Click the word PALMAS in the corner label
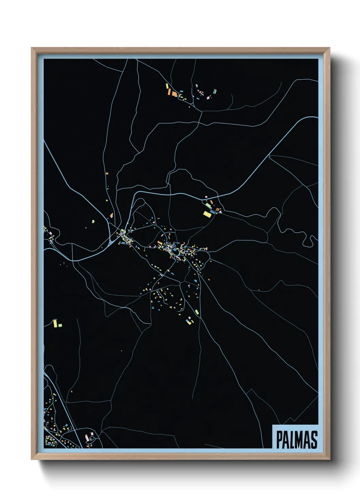pyautogui.click(x=296, y=440)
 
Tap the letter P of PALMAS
pyautogui.click(x=279, y=440)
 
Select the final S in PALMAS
pyautogui.click(x=314, y=440)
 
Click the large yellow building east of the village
pyautogui.click(x=207, y=214)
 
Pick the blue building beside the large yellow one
pyautogui.click(x=213, y=212)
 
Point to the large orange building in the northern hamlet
pyautogui.click(x=174, y=94)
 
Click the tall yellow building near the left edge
pyautogui.click(x=55, y=322)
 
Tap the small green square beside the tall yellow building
pyautogui.click(x=60, y=325)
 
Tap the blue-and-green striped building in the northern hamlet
pyautogui.click(x=214, y=91)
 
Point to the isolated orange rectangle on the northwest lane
pyautogui.click(x=107, y=174)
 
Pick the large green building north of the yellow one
pyautogui.click(x=208, y=206)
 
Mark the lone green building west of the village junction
pyautogui.click(x=93, y=221)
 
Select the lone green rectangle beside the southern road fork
pyautogui.click(x=196, y=311)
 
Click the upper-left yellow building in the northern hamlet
pyautogui.click(x=167, y=86)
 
